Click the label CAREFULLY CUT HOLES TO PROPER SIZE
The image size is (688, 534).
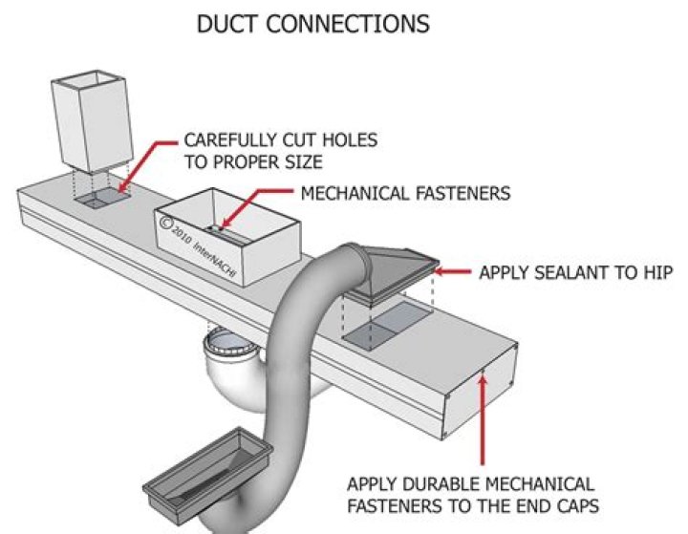[280, 150]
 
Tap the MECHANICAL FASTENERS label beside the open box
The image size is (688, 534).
[405, 194]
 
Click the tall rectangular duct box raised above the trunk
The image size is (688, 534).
[87, 122]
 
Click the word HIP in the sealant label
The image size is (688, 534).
[657, 273]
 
